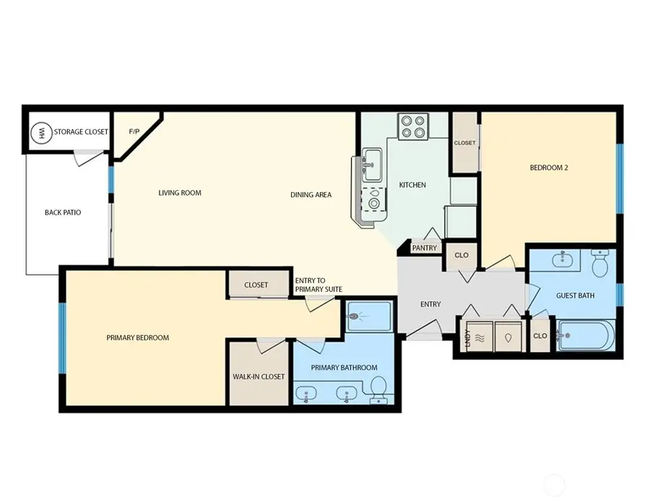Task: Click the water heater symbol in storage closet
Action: coord(41,132)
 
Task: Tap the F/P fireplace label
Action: coord(134,131)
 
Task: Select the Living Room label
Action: coord(180,193)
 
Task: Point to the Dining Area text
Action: coord(311,194)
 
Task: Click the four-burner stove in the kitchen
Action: coord(413,127)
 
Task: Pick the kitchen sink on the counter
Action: coord(373,165)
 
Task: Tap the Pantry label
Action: coord(424,248)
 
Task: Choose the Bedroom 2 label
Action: coord(549,168)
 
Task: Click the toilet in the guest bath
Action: coord(600,264)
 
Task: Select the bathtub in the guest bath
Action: coord(586,335)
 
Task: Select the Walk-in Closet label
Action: coord(259,376)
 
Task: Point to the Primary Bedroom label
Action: coord(137,337)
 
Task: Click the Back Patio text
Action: coord(63,212)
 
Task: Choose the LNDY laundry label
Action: coord(467,337)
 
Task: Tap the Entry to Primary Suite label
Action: coord(318,285)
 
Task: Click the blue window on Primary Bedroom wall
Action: coord(62,338)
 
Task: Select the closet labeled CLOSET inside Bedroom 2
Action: coord(464,143)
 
